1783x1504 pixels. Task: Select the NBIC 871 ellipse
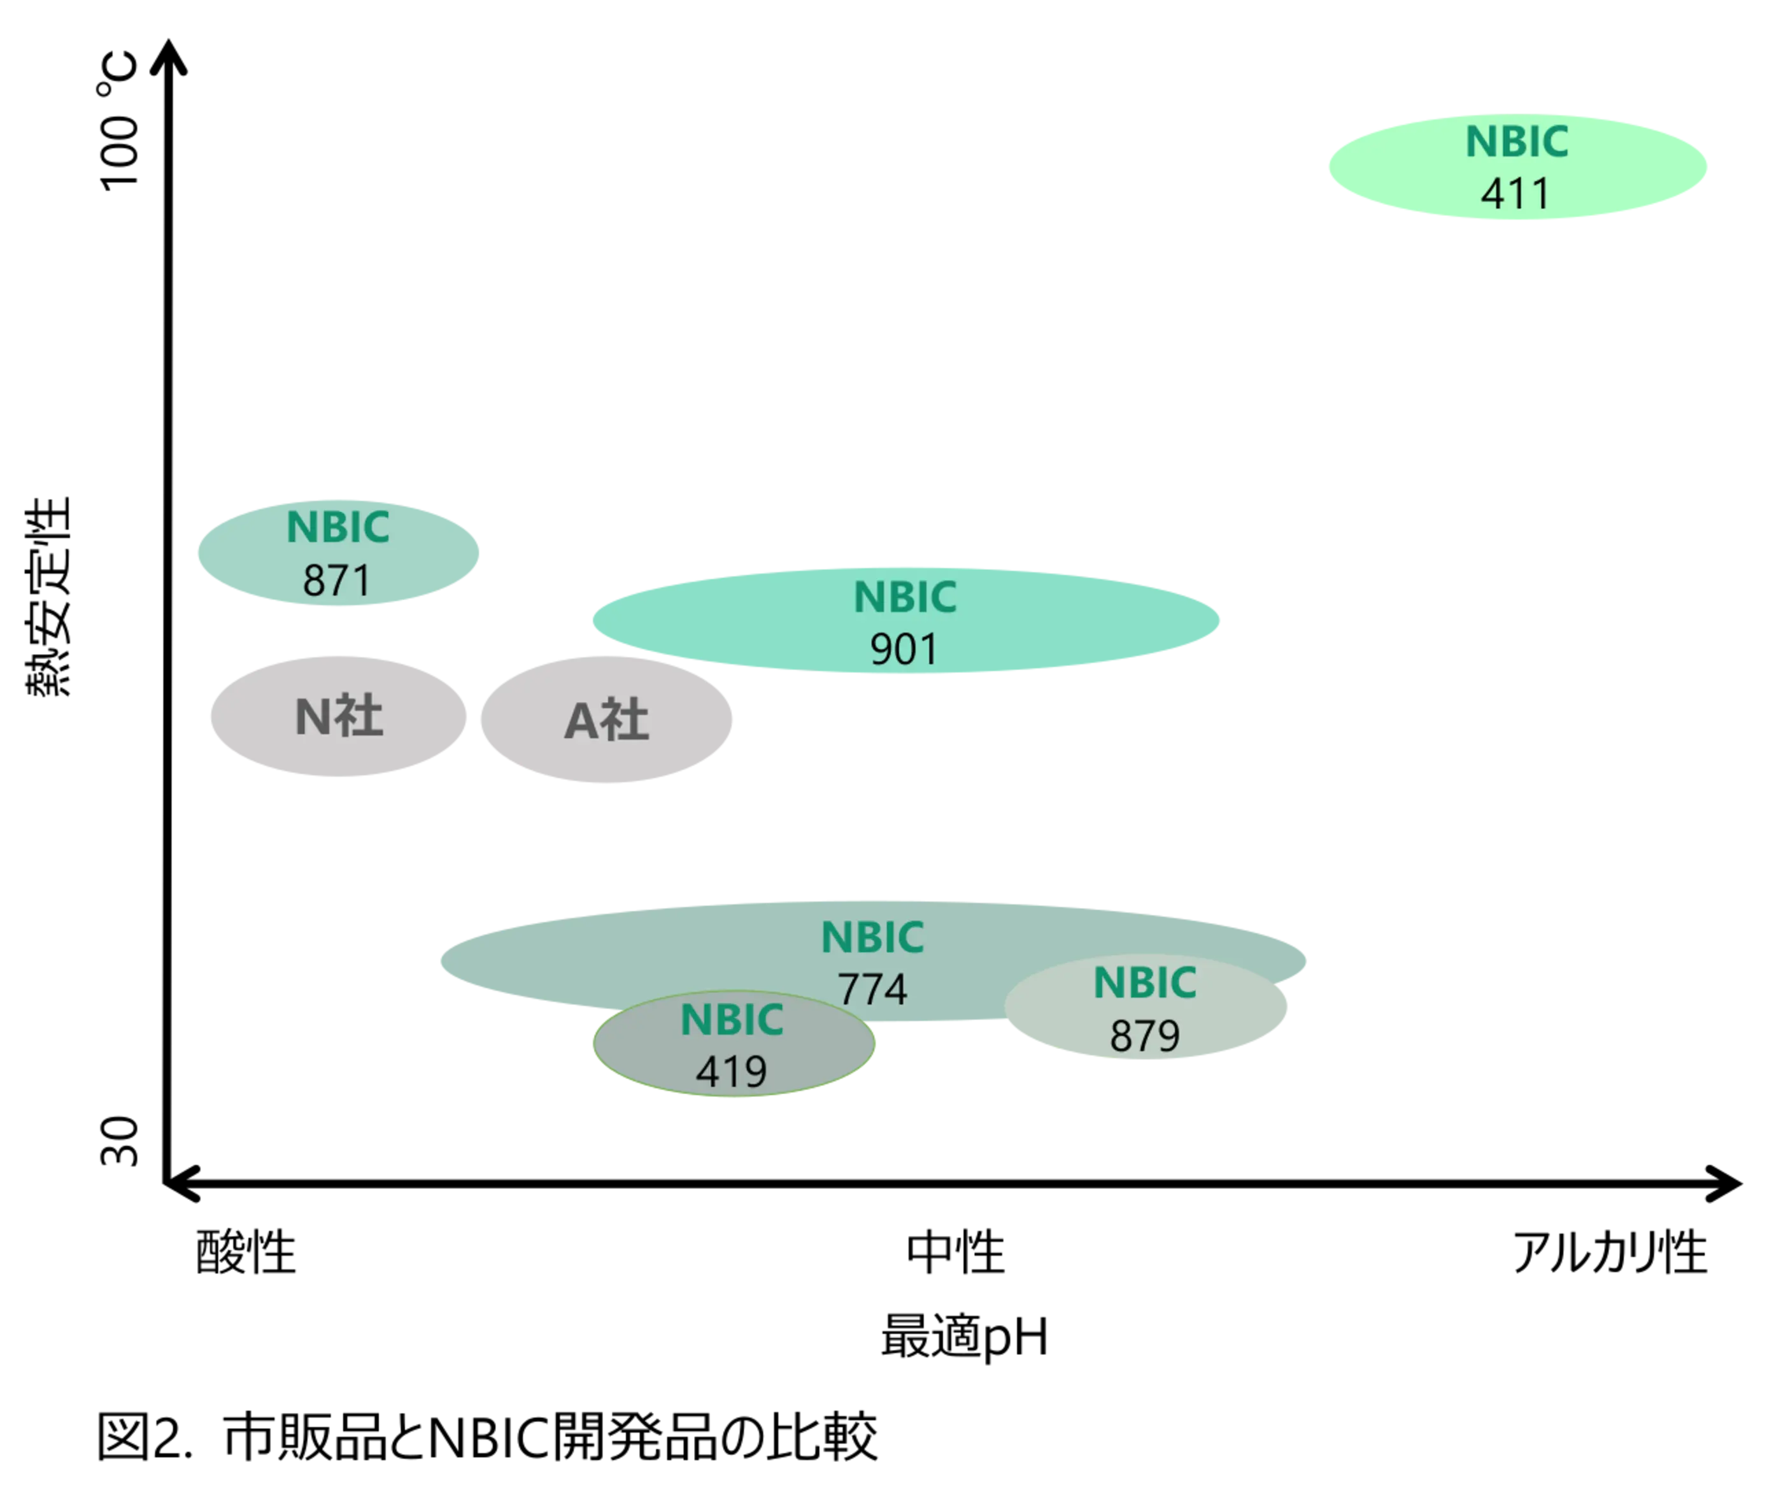pos(339,553)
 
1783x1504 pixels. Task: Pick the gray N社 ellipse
pos(339,716)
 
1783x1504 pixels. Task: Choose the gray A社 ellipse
pos(606,719)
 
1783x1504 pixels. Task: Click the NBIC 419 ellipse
pos(734,1043)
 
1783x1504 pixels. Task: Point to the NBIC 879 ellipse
pos(1145,1006)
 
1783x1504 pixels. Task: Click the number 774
pos(872,989)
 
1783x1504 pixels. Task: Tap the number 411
pos(1516,194)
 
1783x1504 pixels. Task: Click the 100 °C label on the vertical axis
pos(118,121)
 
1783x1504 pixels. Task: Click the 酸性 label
pos(246,1252)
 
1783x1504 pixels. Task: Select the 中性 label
pos(955,1252)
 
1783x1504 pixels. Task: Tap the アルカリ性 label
pos(1610,1252)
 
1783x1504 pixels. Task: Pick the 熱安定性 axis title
pos(48,597)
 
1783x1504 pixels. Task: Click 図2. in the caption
pos(146,1437)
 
